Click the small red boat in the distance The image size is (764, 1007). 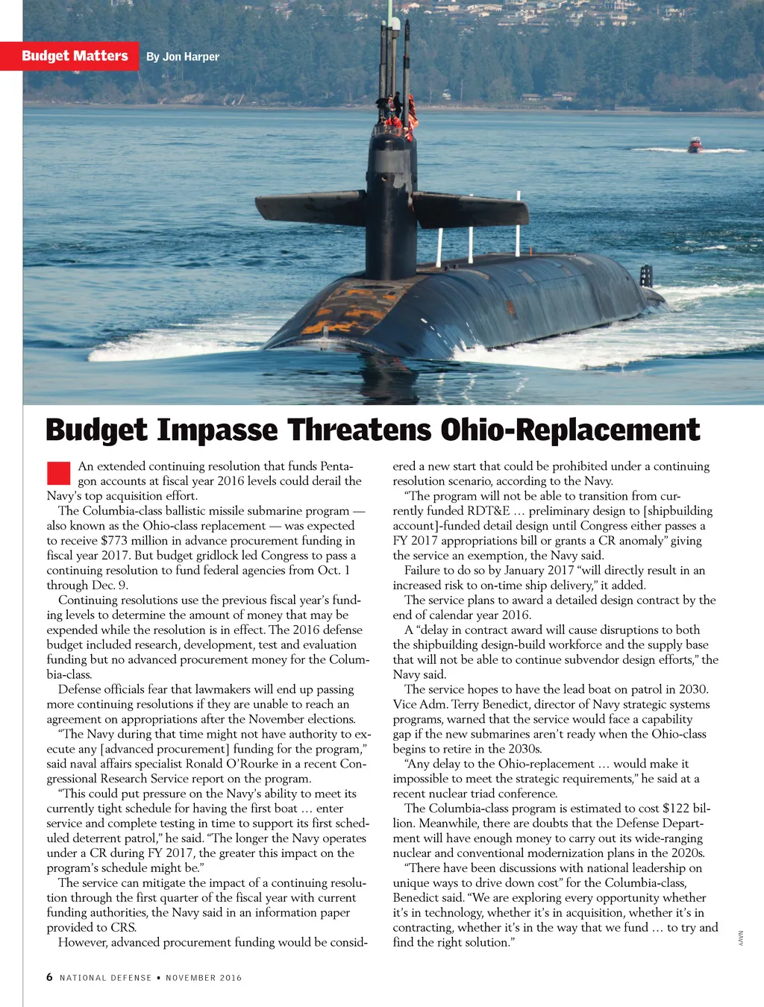[x=695, y=145]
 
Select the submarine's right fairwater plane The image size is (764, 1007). [x=470, y=210]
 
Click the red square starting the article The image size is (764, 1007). [x=58, y=473]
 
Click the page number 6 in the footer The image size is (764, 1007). [x=49, y=977]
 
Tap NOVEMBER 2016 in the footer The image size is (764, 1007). [x=204, y=978]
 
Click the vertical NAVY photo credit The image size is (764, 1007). [x=741, y=938]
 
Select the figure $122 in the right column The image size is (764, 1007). [x=675, y=809]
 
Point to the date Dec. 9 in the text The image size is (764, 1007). [x=108, y=586]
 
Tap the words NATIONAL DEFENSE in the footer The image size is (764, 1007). [x=105, y=978]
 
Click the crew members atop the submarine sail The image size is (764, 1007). [x=392, y=112]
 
